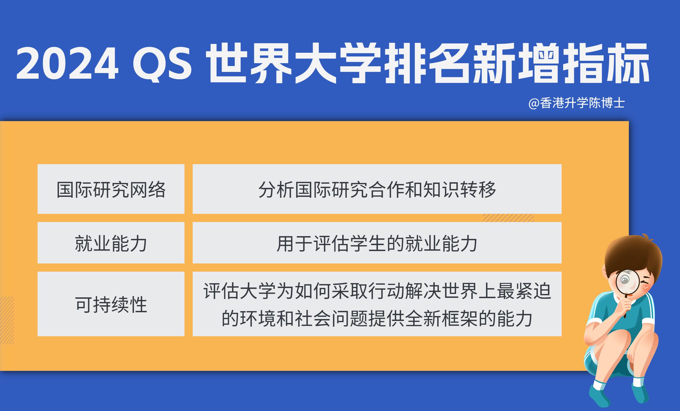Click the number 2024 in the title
(x=67, y=63)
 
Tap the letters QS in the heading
(x=162, y=63)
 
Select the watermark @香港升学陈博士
(x=576, y=103)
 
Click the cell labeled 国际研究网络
(x=111, y=189)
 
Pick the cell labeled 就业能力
(x=111, y=243)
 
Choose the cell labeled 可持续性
(x=111, y=304)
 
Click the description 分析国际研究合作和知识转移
(x=377, y=189)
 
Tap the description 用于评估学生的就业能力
(x=377, y=243)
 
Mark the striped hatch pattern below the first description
(x=508, y=218)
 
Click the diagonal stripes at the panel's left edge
(x=7, y=320)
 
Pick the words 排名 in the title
(x=428, y=63)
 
